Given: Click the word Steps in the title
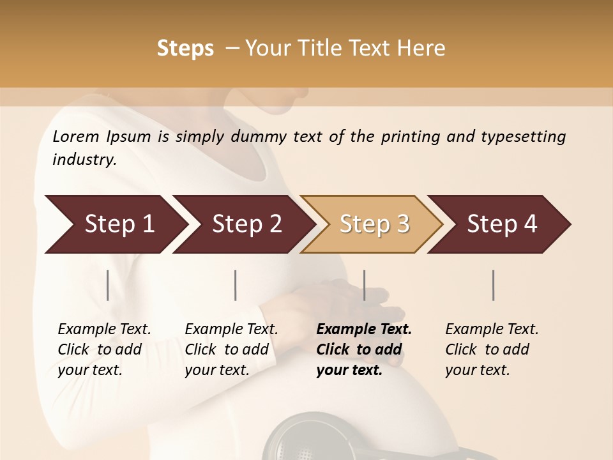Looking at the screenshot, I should coord(185,48).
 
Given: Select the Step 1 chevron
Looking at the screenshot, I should coord(115,224).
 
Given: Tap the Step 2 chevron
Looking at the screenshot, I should coord(246,224).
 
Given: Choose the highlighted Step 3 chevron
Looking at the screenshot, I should coord(374,224).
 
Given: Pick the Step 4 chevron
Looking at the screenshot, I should coord(501,224).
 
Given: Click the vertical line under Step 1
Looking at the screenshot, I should coord(108,285).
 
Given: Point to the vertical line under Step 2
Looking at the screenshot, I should coord(236,285).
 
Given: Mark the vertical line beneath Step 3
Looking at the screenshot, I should coord(365,285).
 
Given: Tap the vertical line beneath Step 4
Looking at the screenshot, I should coord(494,285).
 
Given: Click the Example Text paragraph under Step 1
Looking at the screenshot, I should coord(103,349).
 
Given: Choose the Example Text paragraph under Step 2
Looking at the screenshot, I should coord(231,349).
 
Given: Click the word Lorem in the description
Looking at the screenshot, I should coord(76,136).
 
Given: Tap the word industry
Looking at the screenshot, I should coord(84,159).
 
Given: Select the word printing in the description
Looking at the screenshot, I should coord(410,136).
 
